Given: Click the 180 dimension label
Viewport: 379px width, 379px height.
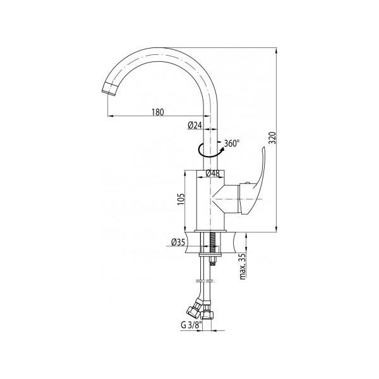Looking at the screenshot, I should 157,112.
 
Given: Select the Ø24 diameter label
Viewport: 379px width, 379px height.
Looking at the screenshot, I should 195,125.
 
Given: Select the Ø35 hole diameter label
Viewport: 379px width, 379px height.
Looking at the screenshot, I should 178,242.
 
